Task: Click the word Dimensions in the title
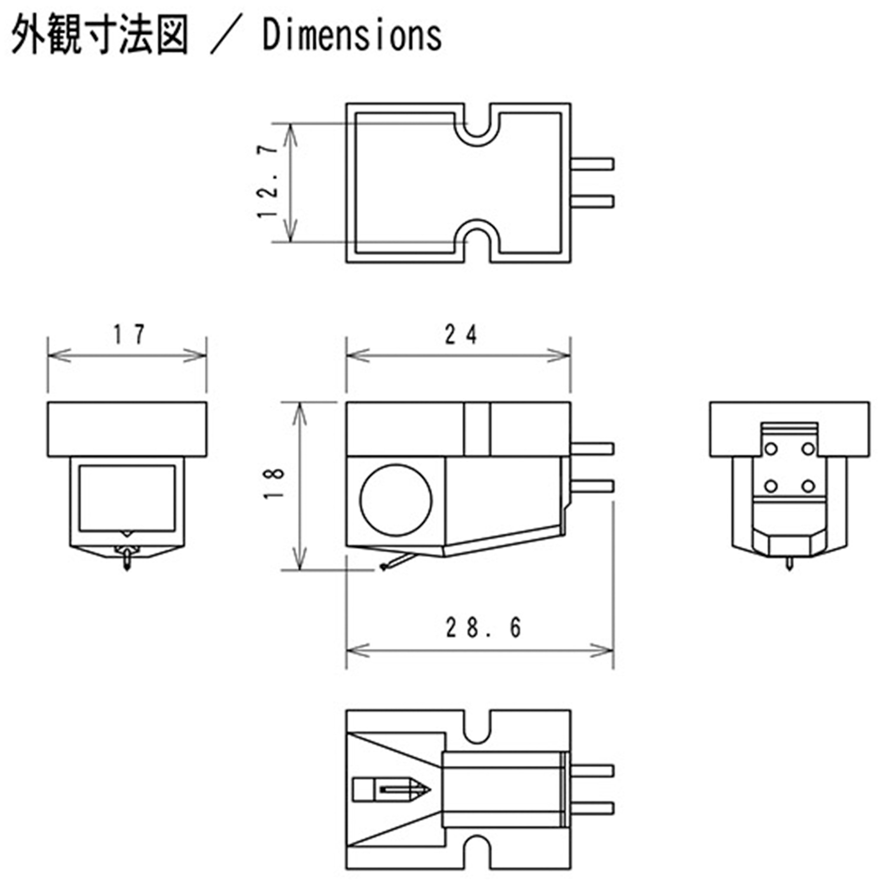(x=352, y=36)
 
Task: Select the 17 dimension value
(x=129, y=335)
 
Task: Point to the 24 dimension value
(x=461, y=335)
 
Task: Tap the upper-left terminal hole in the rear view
(x=771, y=448)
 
